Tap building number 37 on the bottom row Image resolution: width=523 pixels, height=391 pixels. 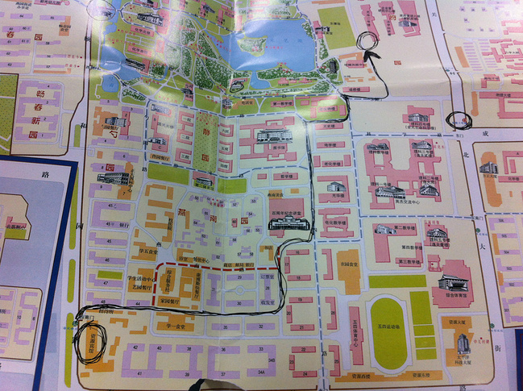[218, 375]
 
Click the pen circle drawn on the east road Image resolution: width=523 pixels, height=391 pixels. [459, 120]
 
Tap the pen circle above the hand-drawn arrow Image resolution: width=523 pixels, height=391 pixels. [367, 41]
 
